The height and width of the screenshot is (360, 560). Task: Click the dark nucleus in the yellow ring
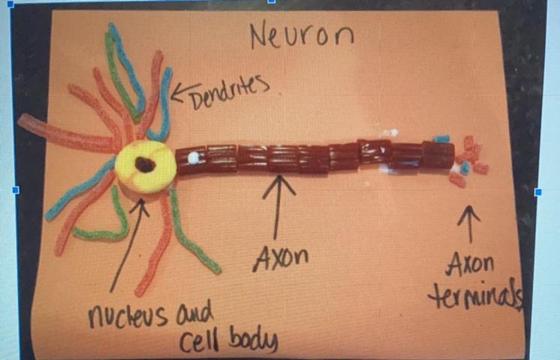145,163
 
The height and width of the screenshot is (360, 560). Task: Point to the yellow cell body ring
160,176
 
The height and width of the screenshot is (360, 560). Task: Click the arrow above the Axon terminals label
469,223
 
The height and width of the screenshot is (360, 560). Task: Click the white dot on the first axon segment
193,158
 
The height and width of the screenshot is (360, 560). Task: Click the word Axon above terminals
471,265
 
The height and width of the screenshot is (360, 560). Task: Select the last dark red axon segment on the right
438,155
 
